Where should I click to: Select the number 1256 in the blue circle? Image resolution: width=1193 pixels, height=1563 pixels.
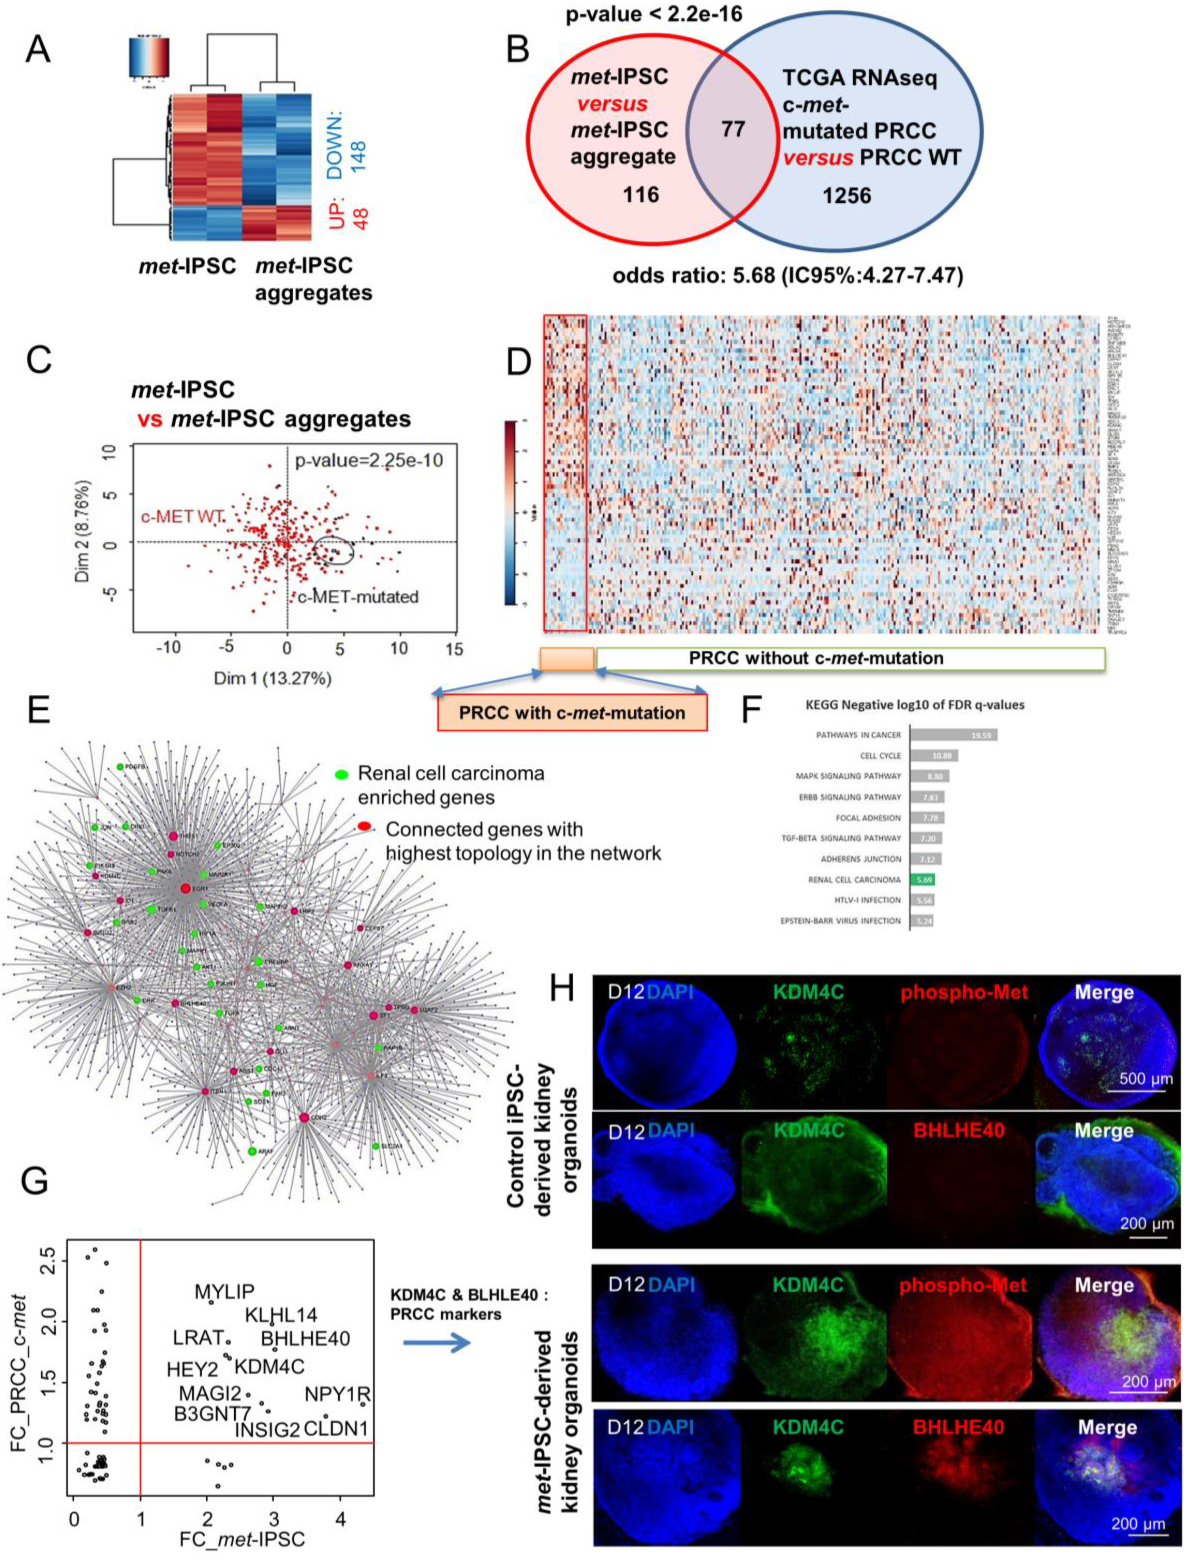click(846, 196)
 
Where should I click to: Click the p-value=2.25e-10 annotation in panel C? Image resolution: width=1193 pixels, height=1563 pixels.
click(368, 461)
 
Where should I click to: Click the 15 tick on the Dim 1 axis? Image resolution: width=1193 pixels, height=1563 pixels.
click(453, 648)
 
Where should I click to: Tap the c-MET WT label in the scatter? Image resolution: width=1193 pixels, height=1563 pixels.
click(182, 516)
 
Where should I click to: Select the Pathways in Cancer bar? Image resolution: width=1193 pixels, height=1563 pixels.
click(953, 735)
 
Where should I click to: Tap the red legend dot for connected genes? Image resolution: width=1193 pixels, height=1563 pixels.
click(364, 826)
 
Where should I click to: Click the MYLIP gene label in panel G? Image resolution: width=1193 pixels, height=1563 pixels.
click(224, 1292)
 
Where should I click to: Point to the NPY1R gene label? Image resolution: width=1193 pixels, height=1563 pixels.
click(338, 1394)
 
